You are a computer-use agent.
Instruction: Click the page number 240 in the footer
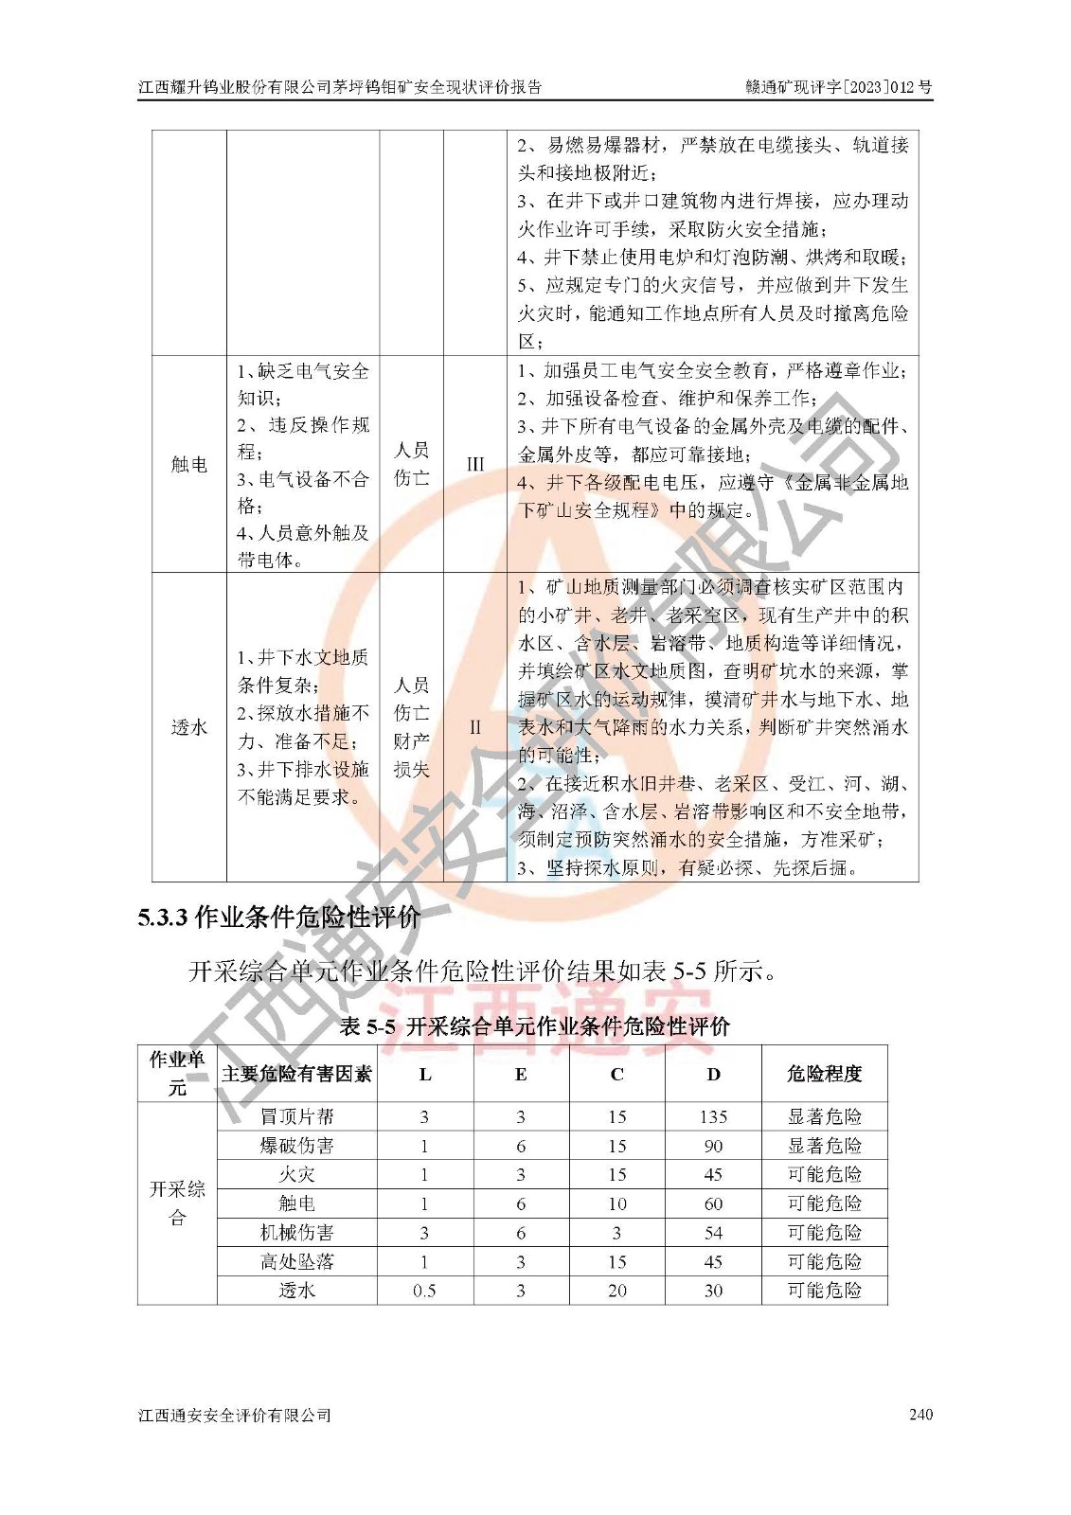919,1415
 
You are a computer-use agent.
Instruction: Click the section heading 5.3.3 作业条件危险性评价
279,917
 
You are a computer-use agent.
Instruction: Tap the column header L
424,1074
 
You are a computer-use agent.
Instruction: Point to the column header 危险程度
824,1074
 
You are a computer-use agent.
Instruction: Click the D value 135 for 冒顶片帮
713,1117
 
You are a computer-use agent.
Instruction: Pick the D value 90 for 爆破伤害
713,1147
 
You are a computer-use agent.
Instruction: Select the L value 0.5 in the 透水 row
424,1291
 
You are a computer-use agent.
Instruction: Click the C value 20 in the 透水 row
616,1291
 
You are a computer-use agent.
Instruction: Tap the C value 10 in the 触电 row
616,1204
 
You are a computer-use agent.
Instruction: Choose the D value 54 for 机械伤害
713,1233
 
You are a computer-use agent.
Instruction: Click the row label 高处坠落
296,1262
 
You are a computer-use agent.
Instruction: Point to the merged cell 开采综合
177,1203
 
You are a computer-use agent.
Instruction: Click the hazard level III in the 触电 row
475,464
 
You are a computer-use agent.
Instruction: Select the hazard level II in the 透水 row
475,727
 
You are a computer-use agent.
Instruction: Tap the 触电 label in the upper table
189,464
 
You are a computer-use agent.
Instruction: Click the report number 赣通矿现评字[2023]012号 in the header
838,87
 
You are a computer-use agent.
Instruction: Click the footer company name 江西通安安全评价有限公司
235,1416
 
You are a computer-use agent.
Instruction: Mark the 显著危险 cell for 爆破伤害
824,1147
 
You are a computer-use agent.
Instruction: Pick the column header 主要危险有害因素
296,1074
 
